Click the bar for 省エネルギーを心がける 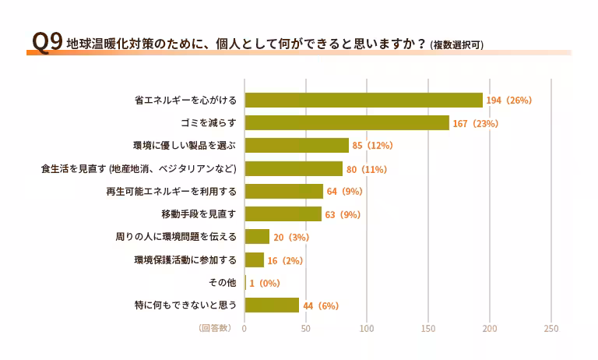click(x=364, y=100)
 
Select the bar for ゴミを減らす click(x=347, y=123)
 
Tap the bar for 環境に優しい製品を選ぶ click(x=297, y=146)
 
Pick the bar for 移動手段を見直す click(x=283, y=214)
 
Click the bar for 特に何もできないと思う click(x=272, y=305)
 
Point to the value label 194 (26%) click(x=508, y=101)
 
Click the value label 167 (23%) click(x=475, y=124)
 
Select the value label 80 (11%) click(x=367, y=169)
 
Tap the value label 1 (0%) click(x=265, y=283)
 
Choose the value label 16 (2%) click(x=285, y=260)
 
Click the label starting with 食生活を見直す click(x=138, y=169)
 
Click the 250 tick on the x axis click(x=551, y=329)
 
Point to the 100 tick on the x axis click(x=367, y=329)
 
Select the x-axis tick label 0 click(x=244, y=329)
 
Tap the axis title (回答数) click(x=215, y=329)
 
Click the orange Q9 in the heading click(x=44, y=44)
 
